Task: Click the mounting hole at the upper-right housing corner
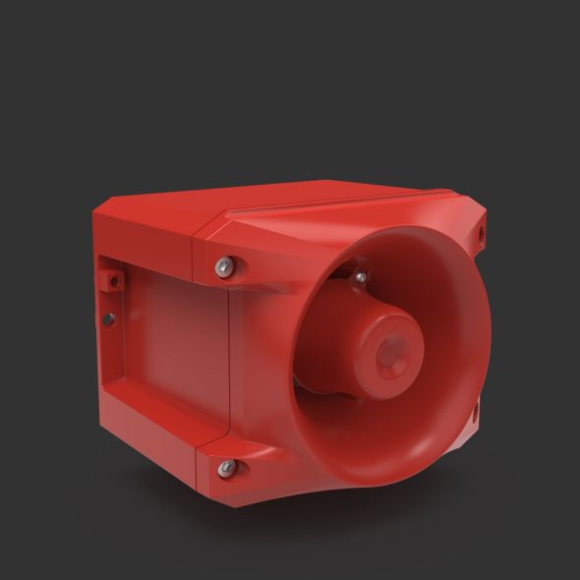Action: tap(482, 233)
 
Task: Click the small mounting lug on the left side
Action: tap(111, 274)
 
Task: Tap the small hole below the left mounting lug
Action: tap(111, 317)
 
